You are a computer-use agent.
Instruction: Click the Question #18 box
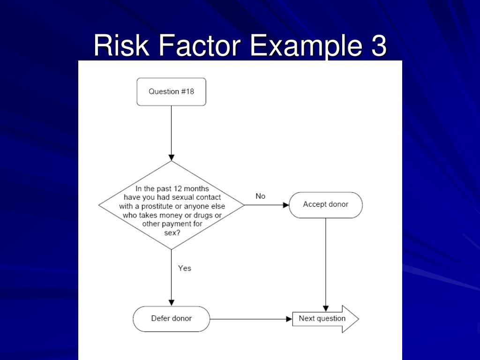click(x=171, y=92)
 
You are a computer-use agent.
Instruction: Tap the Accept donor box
click(x=325, y=205)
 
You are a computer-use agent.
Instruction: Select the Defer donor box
click(x=171, y=319)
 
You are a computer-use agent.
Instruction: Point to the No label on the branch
click(x=260, y=196)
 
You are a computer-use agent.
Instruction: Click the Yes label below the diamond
click(x=185, y=269)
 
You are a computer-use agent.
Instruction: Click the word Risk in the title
click(x=120, y=46)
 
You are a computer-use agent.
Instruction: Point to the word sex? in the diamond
click(x=172, y=233)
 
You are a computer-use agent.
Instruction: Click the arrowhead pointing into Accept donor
click(x=286, y=205)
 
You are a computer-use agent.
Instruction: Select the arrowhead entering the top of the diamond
click(x=172, y=157)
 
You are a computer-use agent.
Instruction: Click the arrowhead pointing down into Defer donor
click(x=172, y=302)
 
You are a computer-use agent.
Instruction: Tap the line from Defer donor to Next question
click(x=248, y=319)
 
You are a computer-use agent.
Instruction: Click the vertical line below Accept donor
click(x=326, y=262)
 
